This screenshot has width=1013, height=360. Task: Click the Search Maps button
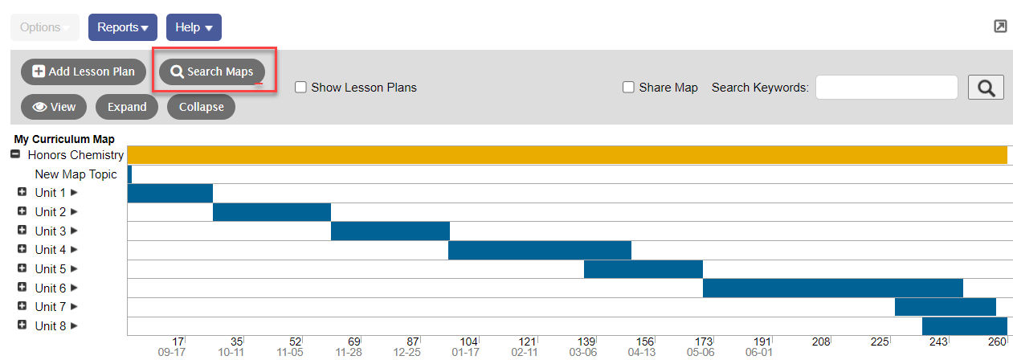[x=212, y=72]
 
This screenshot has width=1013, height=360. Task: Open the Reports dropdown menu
[x=122, y=27]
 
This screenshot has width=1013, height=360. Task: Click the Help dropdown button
[x=194, y=27]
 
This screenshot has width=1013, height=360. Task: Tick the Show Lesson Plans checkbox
[x=301, y=88]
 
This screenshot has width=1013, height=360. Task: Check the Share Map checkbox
[x=629, y=88]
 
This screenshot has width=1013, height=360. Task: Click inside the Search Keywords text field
[x=886, y=88]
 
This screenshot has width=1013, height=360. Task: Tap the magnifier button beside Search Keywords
[x=986, y=88]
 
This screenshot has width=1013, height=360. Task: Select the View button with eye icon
[x=54, y=107]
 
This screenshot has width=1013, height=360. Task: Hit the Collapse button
[x=201, y=107]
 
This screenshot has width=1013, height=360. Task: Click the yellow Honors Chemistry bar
[x=567, y=155]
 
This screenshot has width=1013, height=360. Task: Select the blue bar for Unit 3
[x=390, y=231]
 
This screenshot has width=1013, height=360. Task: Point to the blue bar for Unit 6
[x=832, y=288]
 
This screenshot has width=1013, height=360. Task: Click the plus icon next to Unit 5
[x=22, y=269]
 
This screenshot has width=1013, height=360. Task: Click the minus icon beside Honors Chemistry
[x=15, y=155]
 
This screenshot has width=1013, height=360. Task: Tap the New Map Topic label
[x=76, y=174]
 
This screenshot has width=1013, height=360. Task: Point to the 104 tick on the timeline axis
[x=469, y=342]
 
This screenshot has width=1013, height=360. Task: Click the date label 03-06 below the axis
[x=583, y=353]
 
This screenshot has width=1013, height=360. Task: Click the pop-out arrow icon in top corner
[x=1000, y=27]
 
